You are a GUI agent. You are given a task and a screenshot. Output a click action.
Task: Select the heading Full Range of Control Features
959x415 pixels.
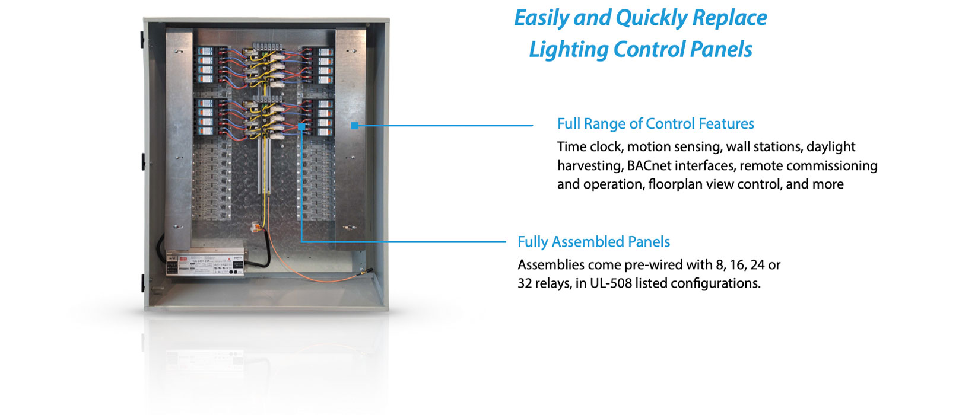point(656,124)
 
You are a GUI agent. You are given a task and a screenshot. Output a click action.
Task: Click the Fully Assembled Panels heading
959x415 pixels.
point(593,242)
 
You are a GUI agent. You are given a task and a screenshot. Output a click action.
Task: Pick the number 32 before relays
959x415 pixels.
point(525,283)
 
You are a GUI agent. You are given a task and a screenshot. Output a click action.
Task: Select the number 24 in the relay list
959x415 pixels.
point(757,265)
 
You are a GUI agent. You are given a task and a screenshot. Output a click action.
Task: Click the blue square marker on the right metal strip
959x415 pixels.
point(354,125)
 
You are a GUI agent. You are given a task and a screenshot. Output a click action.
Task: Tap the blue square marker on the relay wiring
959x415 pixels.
point(301,127)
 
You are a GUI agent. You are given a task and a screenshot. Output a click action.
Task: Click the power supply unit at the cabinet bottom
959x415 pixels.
point(205,263)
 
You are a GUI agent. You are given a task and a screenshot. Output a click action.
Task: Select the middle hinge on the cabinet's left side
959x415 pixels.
point(144,161)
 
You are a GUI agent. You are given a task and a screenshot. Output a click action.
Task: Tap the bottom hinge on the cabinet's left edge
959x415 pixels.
point(144,282)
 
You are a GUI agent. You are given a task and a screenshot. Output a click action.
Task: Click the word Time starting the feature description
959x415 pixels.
point(571,147)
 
